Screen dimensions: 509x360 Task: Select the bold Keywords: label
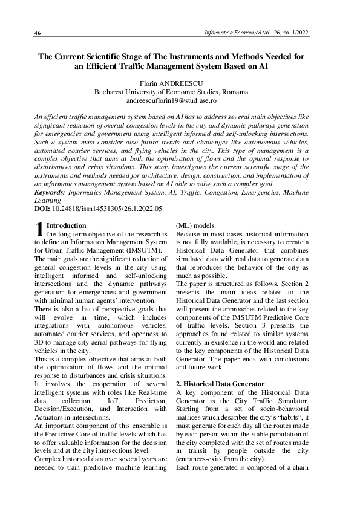pos(49,192)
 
